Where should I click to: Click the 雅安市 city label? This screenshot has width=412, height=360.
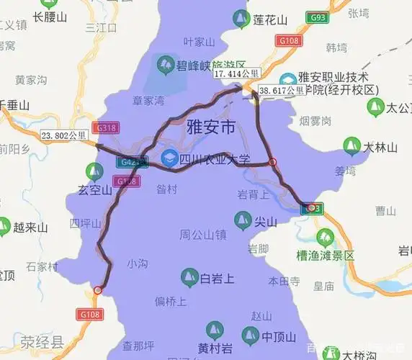(211, 129)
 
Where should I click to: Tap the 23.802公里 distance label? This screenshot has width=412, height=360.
(65, 135)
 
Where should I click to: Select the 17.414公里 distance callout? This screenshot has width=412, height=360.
(236, 74)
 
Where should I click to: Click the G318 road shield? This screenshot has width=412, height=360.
(105, 127)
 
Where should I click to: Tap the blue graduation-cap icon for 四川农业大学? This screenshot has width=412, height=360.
(170, 158)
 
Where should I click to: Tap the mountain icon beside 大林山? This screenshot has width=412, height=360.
(352, 148)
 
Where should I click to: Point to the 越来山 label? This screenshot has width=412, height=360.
(30, 228)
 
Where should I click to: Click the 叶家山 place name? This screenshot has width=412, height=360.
(199, 42)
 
